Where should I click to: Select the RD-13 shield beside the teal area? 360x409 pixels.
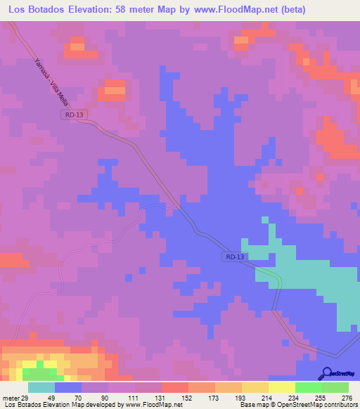pos(236,257)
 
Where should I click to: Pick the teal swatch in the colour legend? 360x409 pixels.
pos(41,387)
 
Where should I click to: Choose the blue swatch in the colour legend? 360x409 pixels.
pos(68,387)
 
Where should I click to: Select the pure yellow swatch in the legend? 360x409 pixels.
pos(281,387)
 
